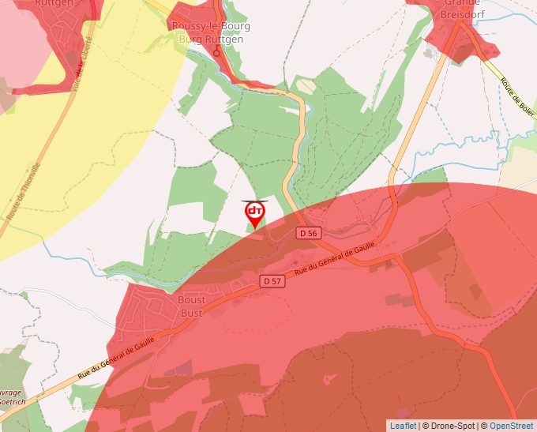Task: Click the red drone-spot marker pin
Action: [255, 214]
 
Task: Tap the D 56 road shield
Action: [309, 233]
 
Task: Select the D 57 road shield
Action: [272, 281]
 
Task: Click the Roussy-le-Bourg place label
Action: [211, 26]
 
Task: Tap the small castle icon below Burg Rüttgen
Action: [217, 52]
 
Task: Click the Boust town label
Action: [192, 300]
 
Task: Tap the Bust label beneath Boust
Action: [192, 313]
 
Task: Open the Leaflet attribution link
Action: [403, 426]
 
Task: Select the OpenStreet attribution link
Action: [511, 426]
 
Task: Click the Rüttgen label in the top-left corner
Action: [54, 3]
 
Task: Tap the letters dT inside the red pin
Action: [255, 211]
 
